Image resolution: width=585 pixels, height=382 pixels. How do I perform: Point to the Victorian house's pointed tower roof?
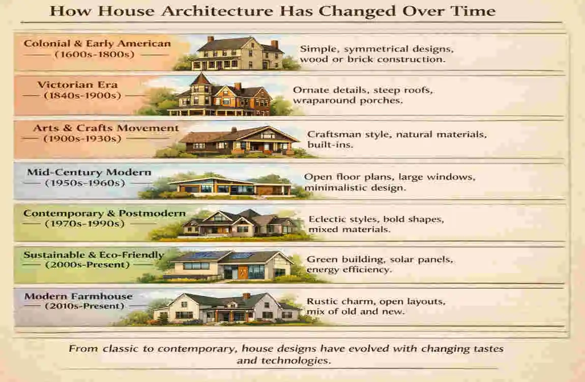[x=201, y=79]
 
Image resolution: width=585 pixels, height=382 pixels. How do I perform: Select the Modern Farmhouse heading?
[x=78, y=296]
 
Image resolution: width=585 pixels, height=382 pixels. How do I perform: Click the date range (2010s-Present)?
[x=84, y=306]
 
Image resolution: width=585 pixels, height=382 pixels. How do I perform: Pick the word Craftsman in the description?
[x=332, y=135]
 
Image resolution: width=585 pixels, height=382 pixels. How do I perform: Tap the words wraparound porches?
[x=347, y=100]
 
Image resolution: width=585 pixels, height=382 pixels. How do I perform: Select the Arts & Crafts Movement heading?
[x=106, y=128]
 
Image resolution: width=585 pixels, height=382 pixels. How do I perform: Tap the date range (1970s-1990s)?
[x=84, y=223]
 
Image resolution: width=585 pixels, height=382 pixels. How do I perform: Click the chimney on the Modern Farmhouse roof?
[x=247, y=295]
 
